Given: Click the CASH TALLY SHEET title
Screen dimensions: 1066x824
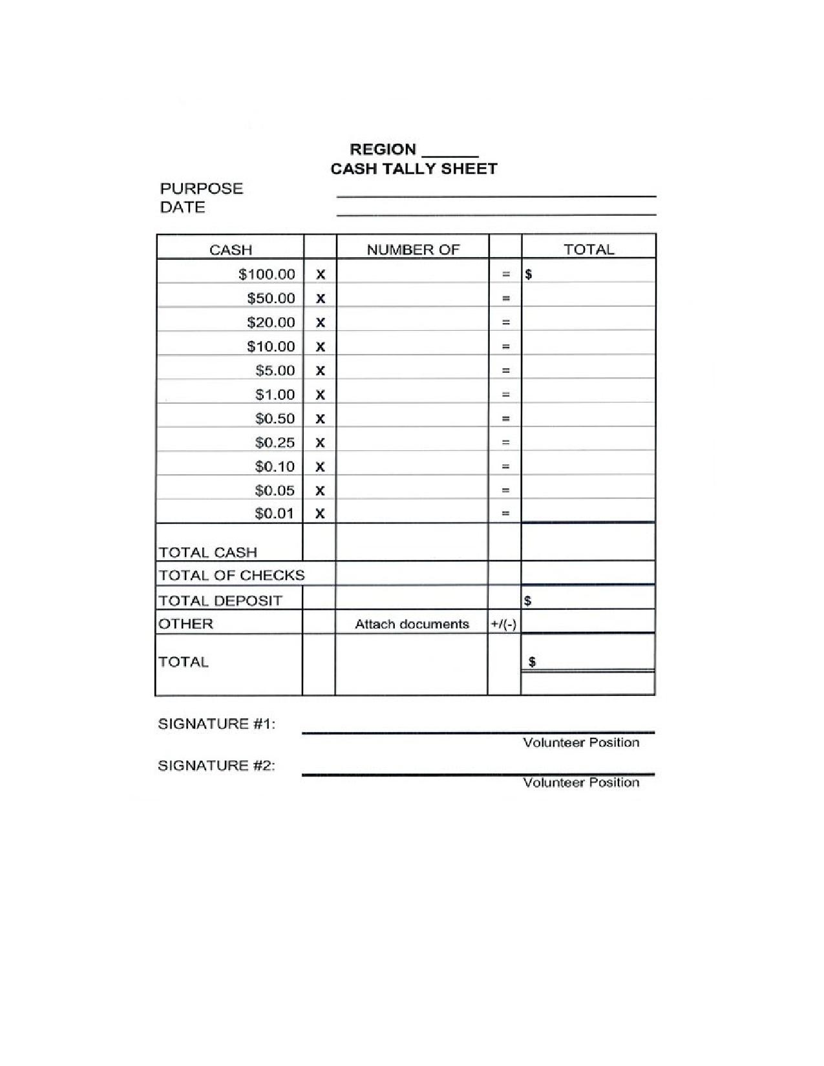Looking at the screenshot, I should coord(414,169).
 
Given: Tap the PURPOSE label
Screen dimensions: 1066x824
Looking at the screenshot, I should coord(201,189).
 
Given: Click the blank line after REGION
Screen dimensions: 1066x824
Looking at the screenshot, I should coord(450,154).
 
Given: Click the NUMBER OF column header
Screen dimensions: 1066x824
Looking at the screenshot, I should coord(413,250).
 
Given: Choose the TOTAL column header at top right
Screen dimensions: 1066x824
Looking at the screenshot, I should coord(588,249).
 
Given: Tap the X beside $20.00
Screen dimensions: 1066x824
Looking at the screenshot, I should coord(320,322).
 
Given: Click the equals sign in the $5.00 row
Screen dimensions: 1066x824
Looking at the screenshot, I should coord(506,371).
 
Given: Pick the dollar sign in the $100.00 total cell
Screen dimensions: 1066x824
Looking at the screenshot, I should coord(529,274).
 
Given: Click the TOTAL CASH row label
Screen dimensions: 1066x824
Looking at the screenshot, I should coord(207,552).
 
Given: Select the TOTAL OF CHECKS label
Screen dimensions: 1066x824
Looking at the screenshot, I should coord(231,575).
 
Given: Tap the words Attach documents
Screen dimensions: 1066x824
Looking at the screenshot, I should coord(412,624).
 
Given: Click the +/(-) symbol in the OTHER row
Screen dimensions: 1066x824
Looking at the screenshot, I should coord(503,624).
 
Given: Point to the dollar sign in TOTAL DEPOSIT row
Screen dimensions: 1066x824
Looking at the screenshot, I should coord(528,601).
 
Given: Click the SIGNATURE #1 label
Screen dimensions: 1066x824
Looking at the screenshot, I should coord(217,724).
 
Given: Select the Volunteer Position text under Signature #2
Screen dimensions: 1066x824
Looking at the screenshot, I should coord(581,782).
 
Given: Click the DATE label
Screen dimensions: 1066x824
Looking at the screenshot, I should coord(182,207).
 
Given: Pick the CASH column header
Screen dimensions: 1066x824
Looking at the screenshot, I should coord(230,250).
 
